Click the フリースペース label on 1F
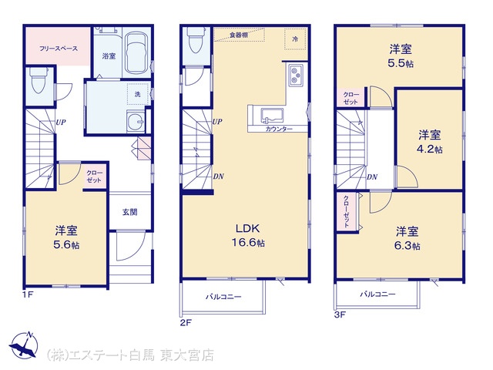(x=59, y=49)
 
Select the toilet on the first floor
(x=39, y=81)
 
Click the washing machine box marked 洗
(x=138, y=94)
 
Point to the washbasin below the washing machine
(x=136, y=121)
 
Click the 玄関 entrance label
(x=129, y=212)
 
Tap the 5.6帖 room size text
(x=66, y=245)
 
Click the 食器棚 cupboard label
(x=239, y=35)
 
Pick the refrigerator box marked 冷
(x=295, y=39)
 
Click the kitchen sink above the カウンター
(x=272, y=116)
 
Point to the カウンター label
(x=279, y=129)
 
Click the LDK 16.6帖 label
(x=248, y=235)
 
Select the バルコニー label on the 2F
(x=223, y=297)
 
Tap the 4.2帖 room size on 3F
(x=430, y=149)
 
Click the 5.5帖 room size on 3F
(x=401, y=63)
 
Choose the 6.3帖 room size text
(x=407, y=246)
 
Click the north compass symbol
(x=24, y=345)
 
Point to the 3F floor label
(x=340, y=314)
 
